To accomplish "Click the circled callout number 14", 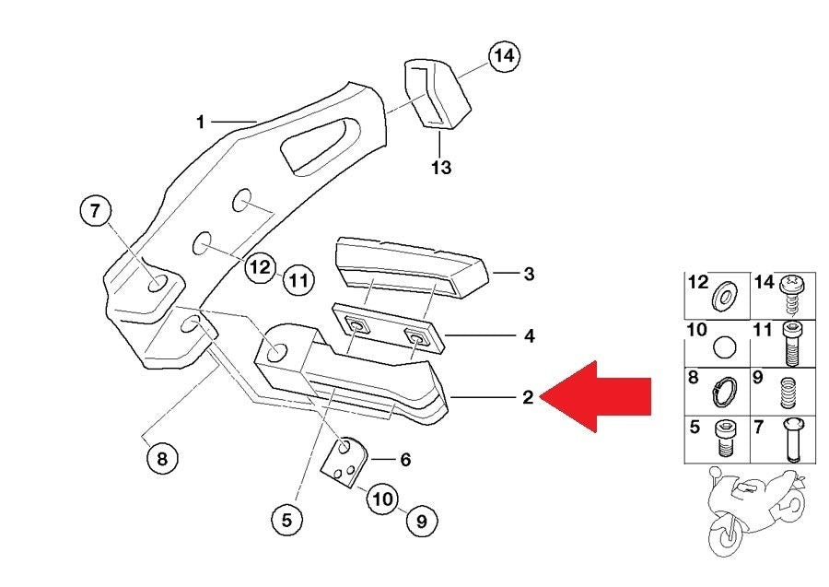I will pos(502,56).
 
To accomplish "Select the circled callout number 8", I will pos(161,458).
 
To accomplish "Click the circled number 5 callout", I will pos(286,520).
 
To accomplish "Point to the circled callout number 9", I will pos(421,521).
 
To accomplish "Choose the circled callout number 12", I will pos(261,268).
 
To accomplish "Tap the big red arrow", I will pos(600,397).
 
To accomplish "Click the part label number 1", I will pos(200,121).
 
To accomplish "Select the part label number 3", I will pos(528,274).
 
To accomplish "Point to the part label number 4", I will pos(529,336).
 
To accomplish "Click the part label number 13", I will pos(441,168).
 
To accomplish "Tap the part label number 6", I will pos(404,458).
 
